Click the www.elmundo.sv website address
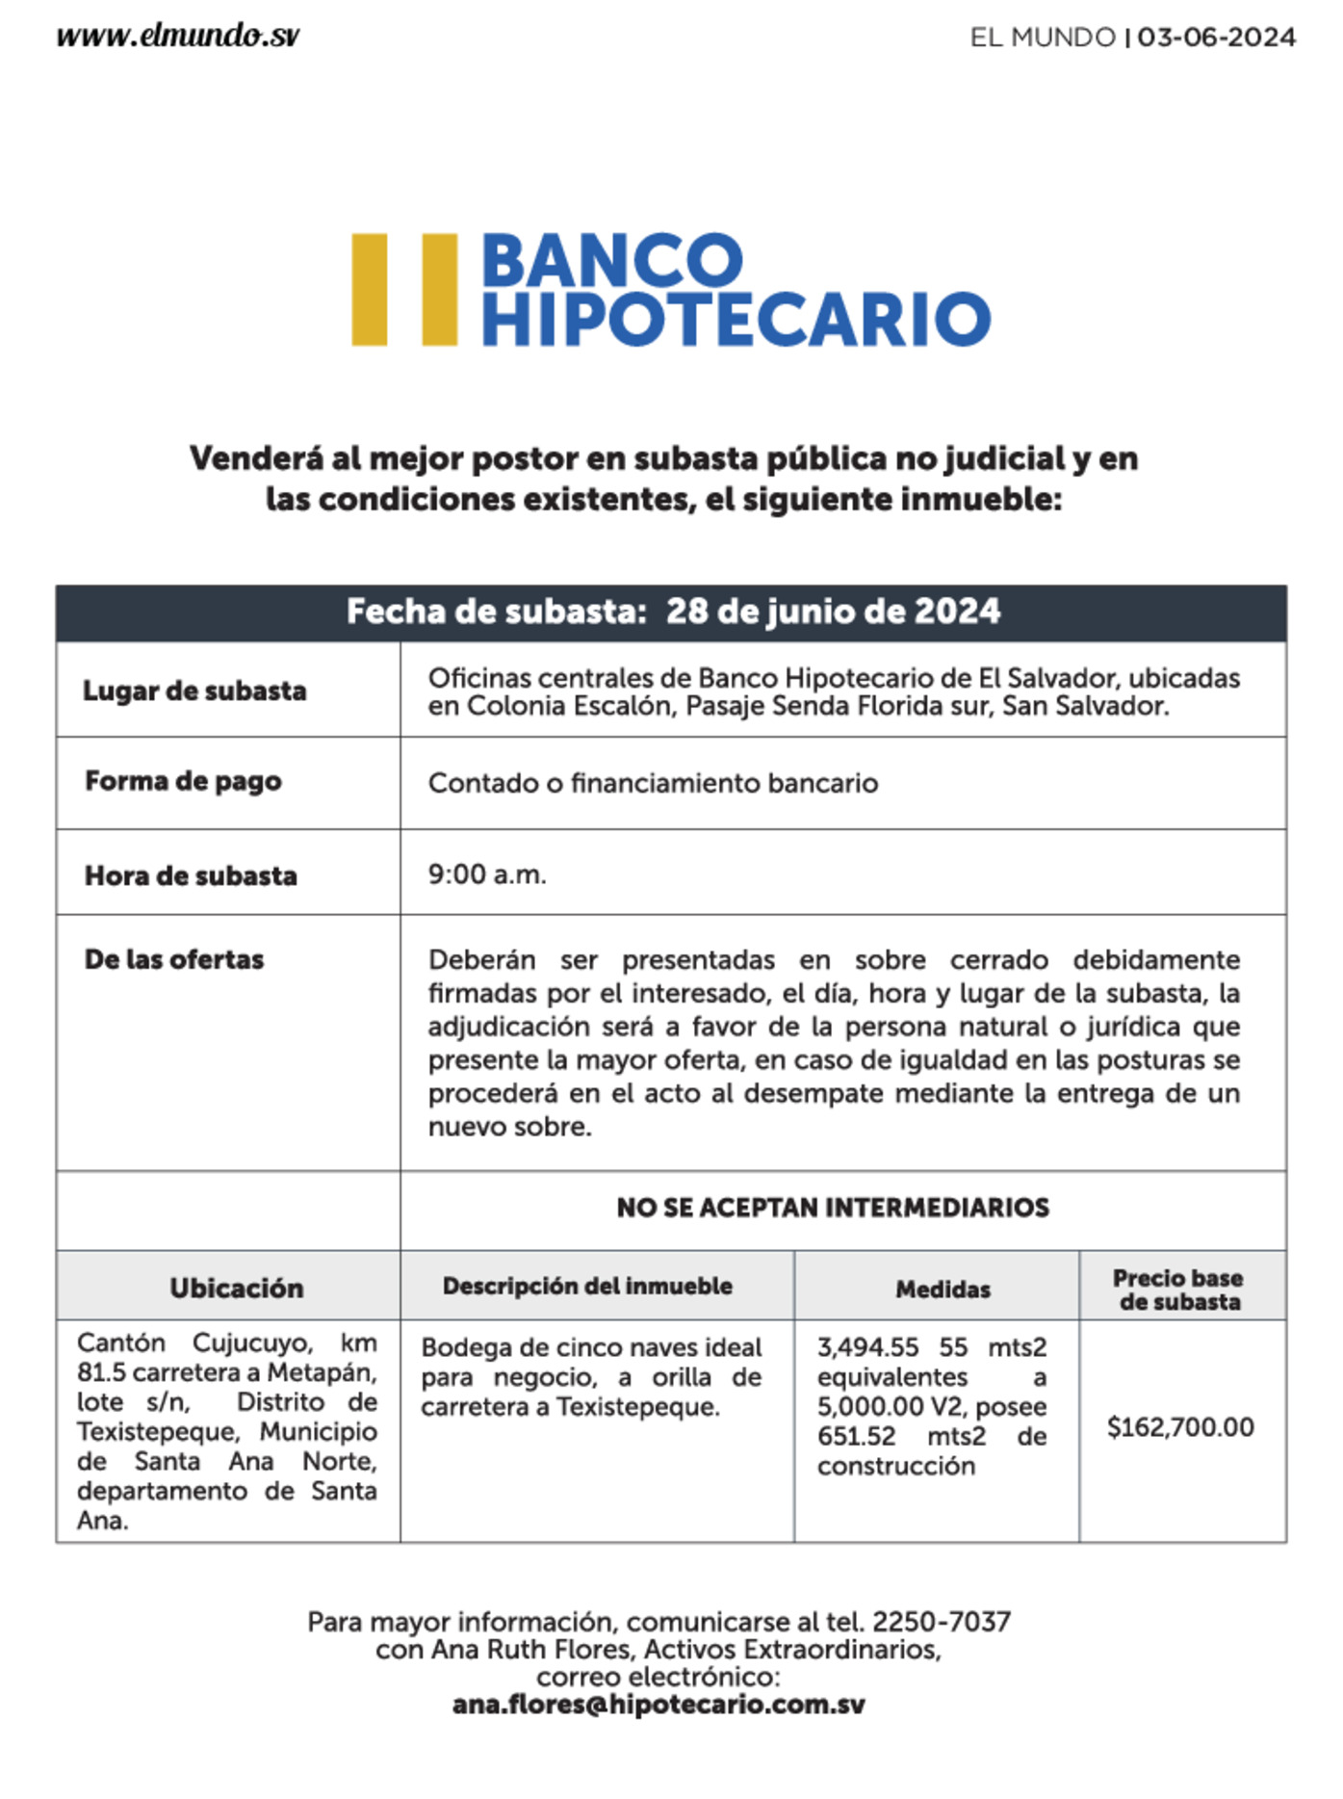178,37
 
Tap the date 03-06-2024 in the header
1216,38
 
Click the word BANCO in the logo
611,260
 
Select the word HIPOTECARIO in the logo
736,320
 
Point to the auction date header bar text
673,612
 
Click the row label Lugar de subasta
194,691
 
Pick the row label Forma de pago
183,781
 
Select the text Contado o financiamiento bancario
653,783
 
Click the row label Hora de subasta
191,875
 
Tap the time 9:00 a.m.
487,874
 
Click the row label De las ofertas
174,959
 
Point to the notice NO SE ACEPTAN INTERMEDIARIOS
833,1208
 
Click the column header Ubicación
237,1288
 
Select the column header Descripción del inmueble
587,1286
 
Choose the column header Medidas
943,1289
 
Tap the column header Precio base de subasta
1179,1290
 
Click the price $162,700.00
1180,1426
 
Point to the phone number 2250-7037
941,1622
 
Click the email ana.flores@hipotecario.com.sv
659,1705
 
